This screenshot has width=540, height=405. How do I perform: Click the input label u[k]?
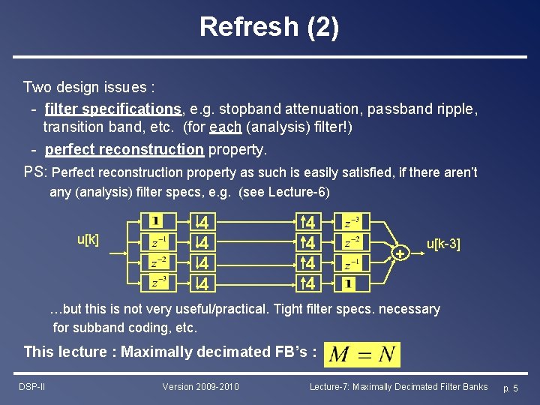tap(88, 240)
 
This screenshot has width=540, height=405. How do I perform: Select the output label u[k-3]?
tap(443, 244)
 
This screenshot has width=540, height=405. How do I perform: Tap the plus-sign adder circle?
tap(400, 254)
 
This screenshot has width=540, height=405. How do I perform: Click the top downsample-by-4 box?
tap(201, 223)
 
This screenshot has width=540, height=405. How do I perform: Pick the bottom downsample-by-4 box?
tap(201, 283)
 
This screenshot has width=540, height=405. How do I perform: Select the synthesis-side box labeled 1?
tap(349, 283)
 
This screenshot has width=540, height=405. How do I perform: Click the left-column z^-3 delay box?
tap(157, 283)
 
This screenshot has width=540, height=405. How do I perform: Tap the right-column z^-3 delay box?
tap(351, 223)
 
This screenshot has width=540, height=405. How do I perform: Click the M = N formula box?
tap(362, 354)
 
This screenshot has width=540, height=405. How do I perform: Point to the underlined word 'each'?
tap(226, 128)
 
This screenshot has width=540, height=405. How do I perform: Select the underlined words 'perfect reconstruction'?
tap(124, 149)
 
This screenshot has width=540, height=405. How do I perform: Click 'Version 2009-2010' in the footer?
tap(200, 387)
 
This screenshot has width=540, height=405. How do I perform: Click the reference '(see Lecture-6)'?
tap(283, 192)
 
